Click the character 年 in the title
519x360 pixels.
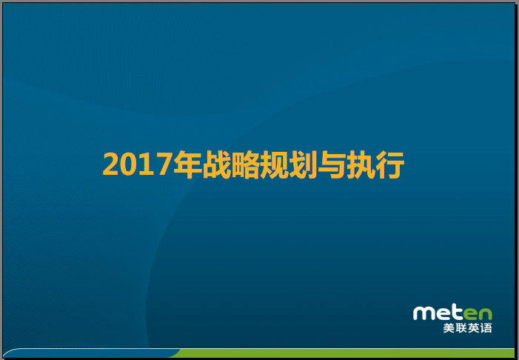coord(187,164)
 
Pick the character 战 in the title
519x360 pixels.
coord(216,164)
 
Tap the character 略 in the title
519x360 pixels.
coord(245,164)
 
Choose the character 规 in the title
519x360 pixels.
coord(274,164)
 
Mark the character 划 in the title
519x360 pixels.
coord(303,164)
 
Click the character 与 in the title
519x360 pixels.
coord(332,164)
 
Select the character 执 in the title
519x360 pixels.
coord(361,164)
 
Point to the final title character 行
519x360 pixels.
coord(389,164)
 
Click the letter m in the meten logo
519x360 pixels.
coord(426,313)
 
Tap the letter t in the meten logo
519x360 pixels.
coord(458,312)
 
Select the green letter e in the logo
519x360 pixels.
coord(470,313)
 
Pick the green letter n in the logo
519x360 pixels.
coord(485,313)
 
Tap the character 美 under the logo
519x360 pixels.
coord(449,328)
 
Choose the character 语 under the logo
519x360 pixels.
coord(486,328)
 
